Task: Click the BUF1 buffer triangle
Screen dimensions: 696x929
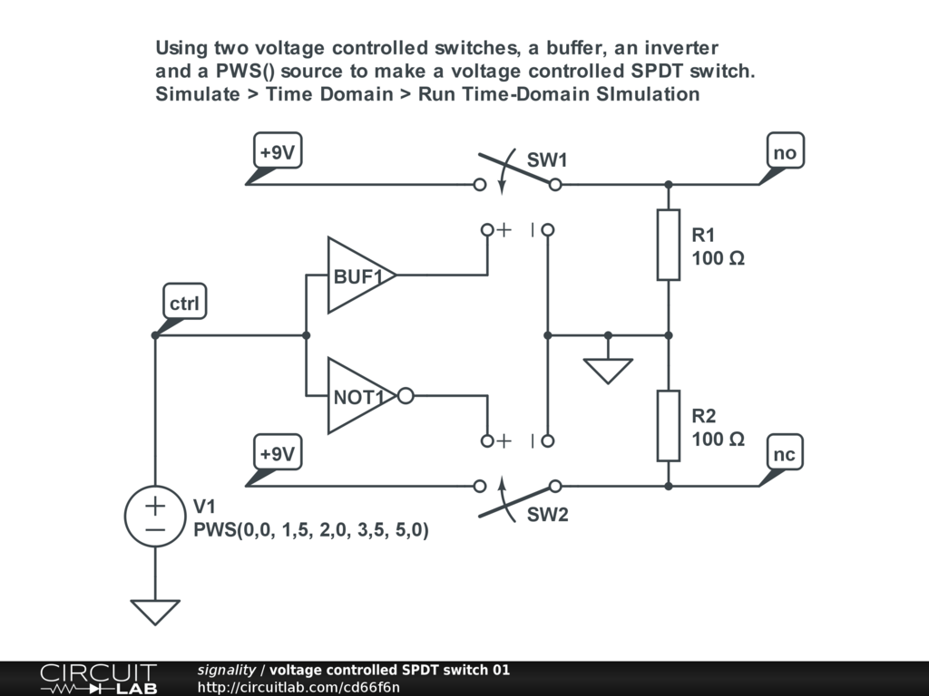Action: point(357,275)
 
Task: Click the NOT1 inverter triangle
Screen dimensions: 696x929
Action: point(357,396)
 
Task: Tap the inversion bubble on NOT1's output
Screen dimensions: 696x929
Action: point(406,396)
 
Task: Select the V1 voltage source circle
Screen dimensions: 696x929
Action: point(154,516)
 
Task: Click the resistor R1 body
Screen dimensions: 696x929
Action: point(669,245)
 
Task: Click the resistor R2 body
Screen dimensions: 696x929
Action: point(669,426)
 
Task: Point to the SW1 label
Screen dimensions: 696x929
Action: point(547,160)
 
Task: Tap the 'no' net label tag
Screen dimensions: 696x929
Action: point(785,152)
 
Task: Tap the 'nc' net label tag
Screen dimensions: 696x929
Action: point(785,454)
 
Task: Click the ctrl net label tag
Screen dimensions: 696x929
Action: point(184,304)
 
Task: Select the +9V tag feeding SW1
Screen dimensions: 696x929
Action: point(277,152)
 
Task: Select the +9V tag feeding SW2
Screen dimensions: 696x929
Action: point(277,454)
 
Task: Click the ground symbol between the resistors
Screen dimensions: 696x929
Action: point(608,370)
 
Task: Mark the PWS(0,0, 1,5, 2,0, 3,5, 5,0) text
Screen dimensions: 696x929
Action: point(310,531)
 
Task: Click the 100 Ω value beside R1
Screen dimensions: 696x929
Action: point(718,258)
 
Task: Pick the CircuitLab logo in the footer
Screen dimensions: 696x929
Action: point(98,679)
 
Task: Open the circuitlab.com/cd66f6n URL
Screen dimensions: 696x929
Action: point(298,687)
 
